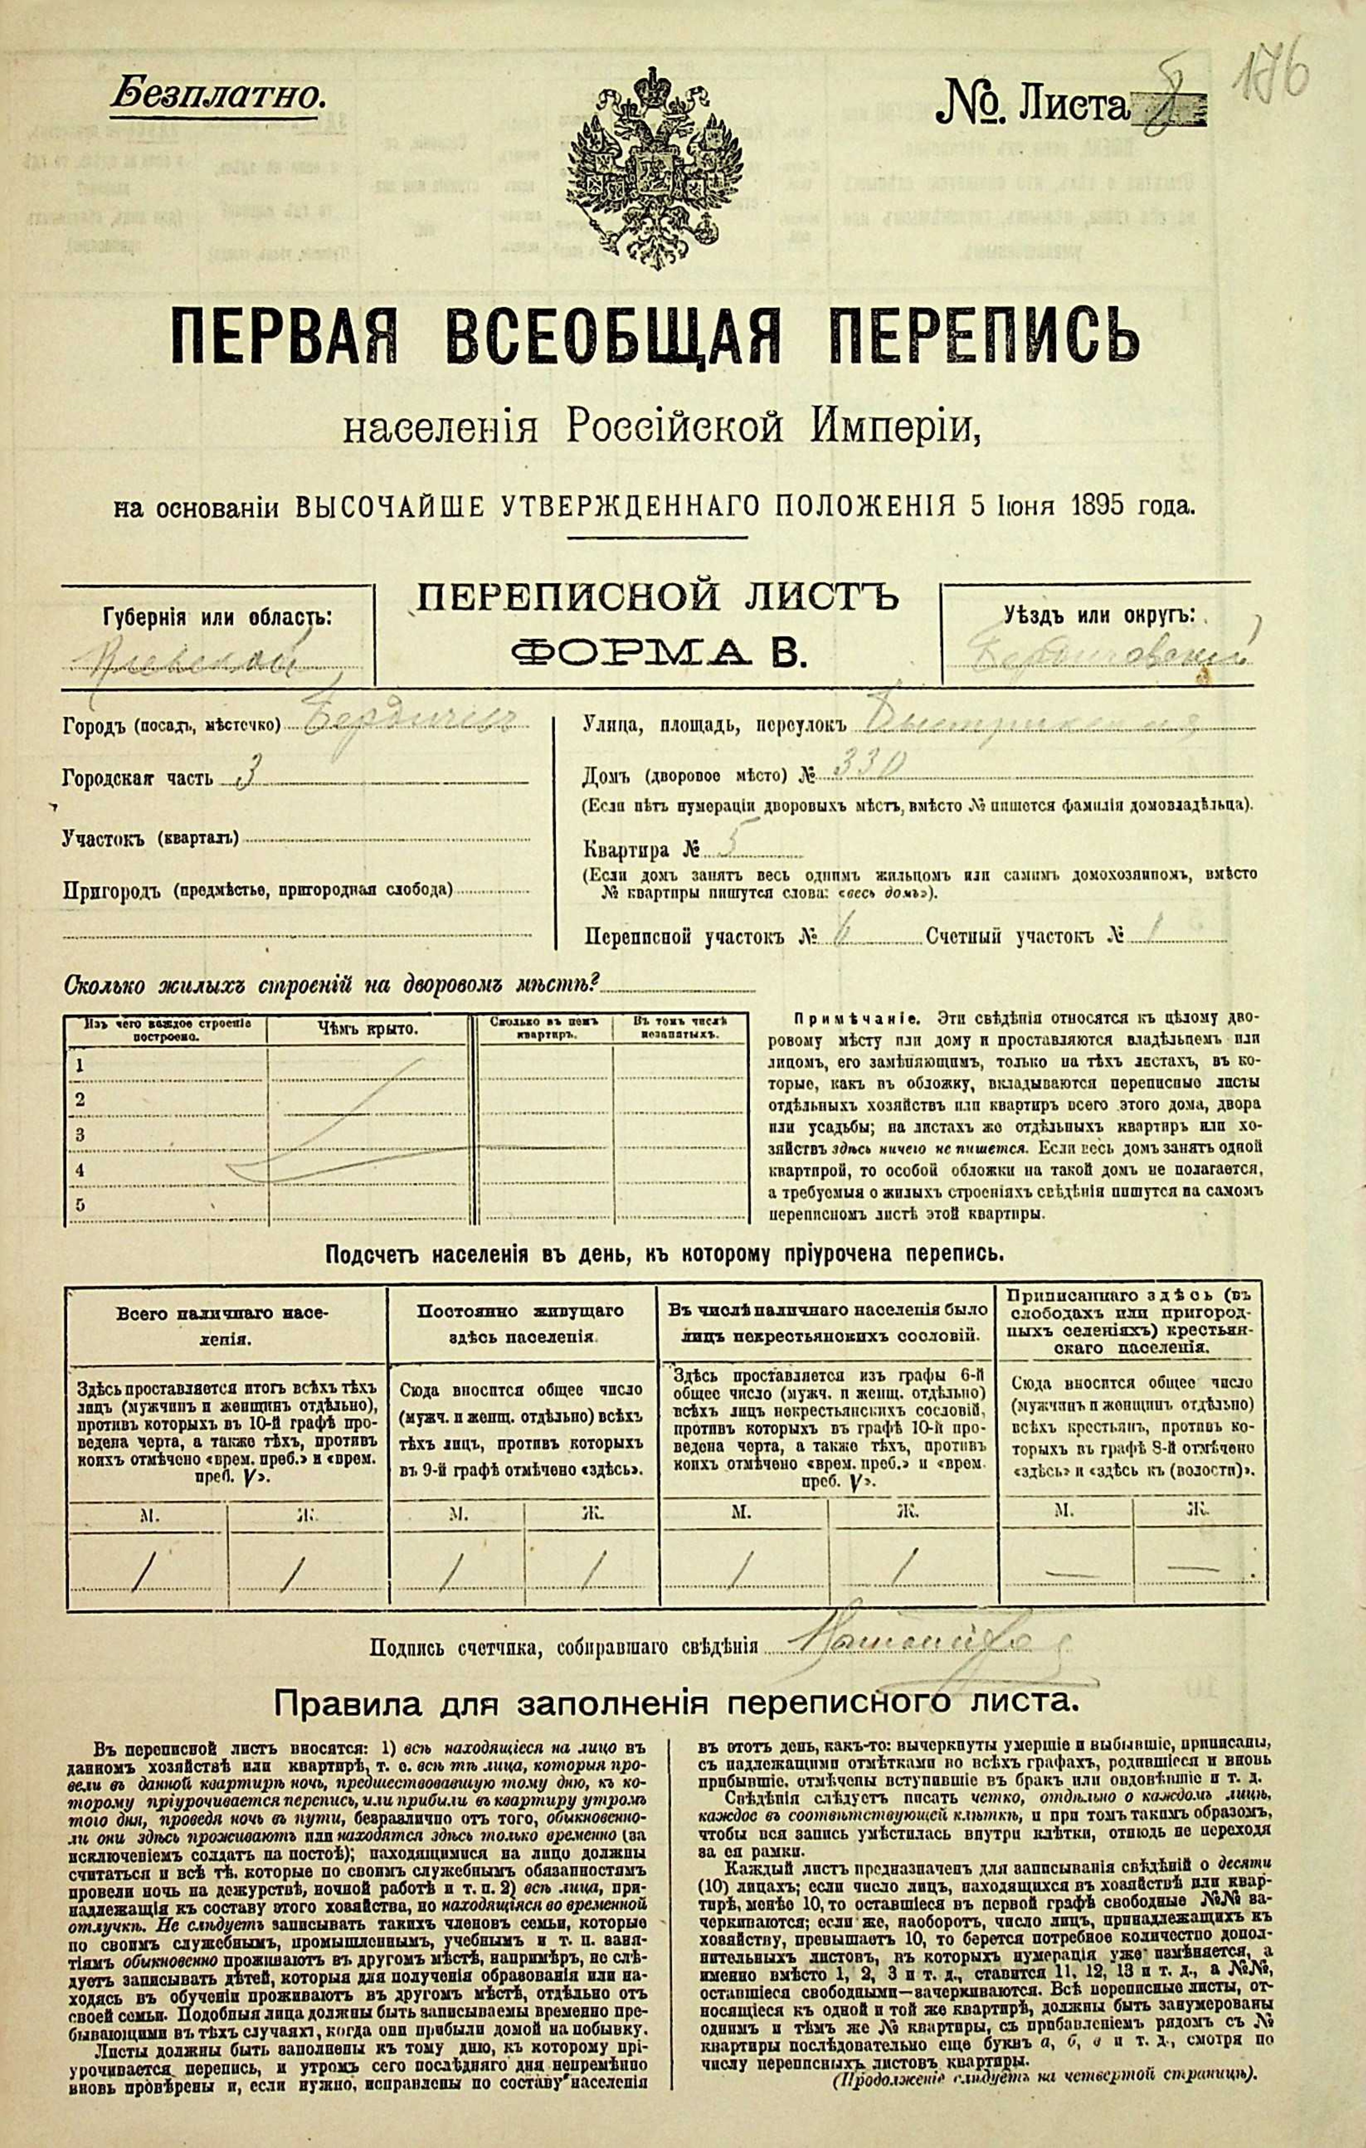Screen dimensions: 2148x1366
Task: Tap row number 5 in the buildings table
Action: [x=81, y=1204]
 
